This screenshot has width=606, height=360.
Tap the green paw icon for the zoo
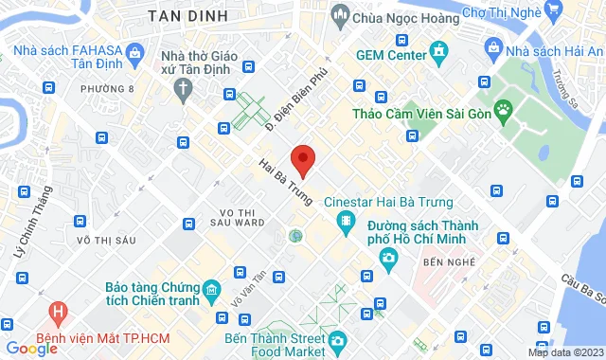pos(502,111)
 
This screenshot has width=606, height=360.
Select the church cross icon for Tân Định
pos(184,86)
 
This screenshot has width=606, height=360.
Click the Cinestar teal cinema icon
pos(346,223)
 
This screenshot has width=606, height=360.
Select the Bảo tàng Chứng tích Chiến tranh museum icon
pos(210,289)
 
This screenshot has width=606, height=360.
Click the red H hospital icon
pos(59,310)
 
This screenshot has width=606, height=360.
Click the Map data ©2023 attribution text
pos(564,352)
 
